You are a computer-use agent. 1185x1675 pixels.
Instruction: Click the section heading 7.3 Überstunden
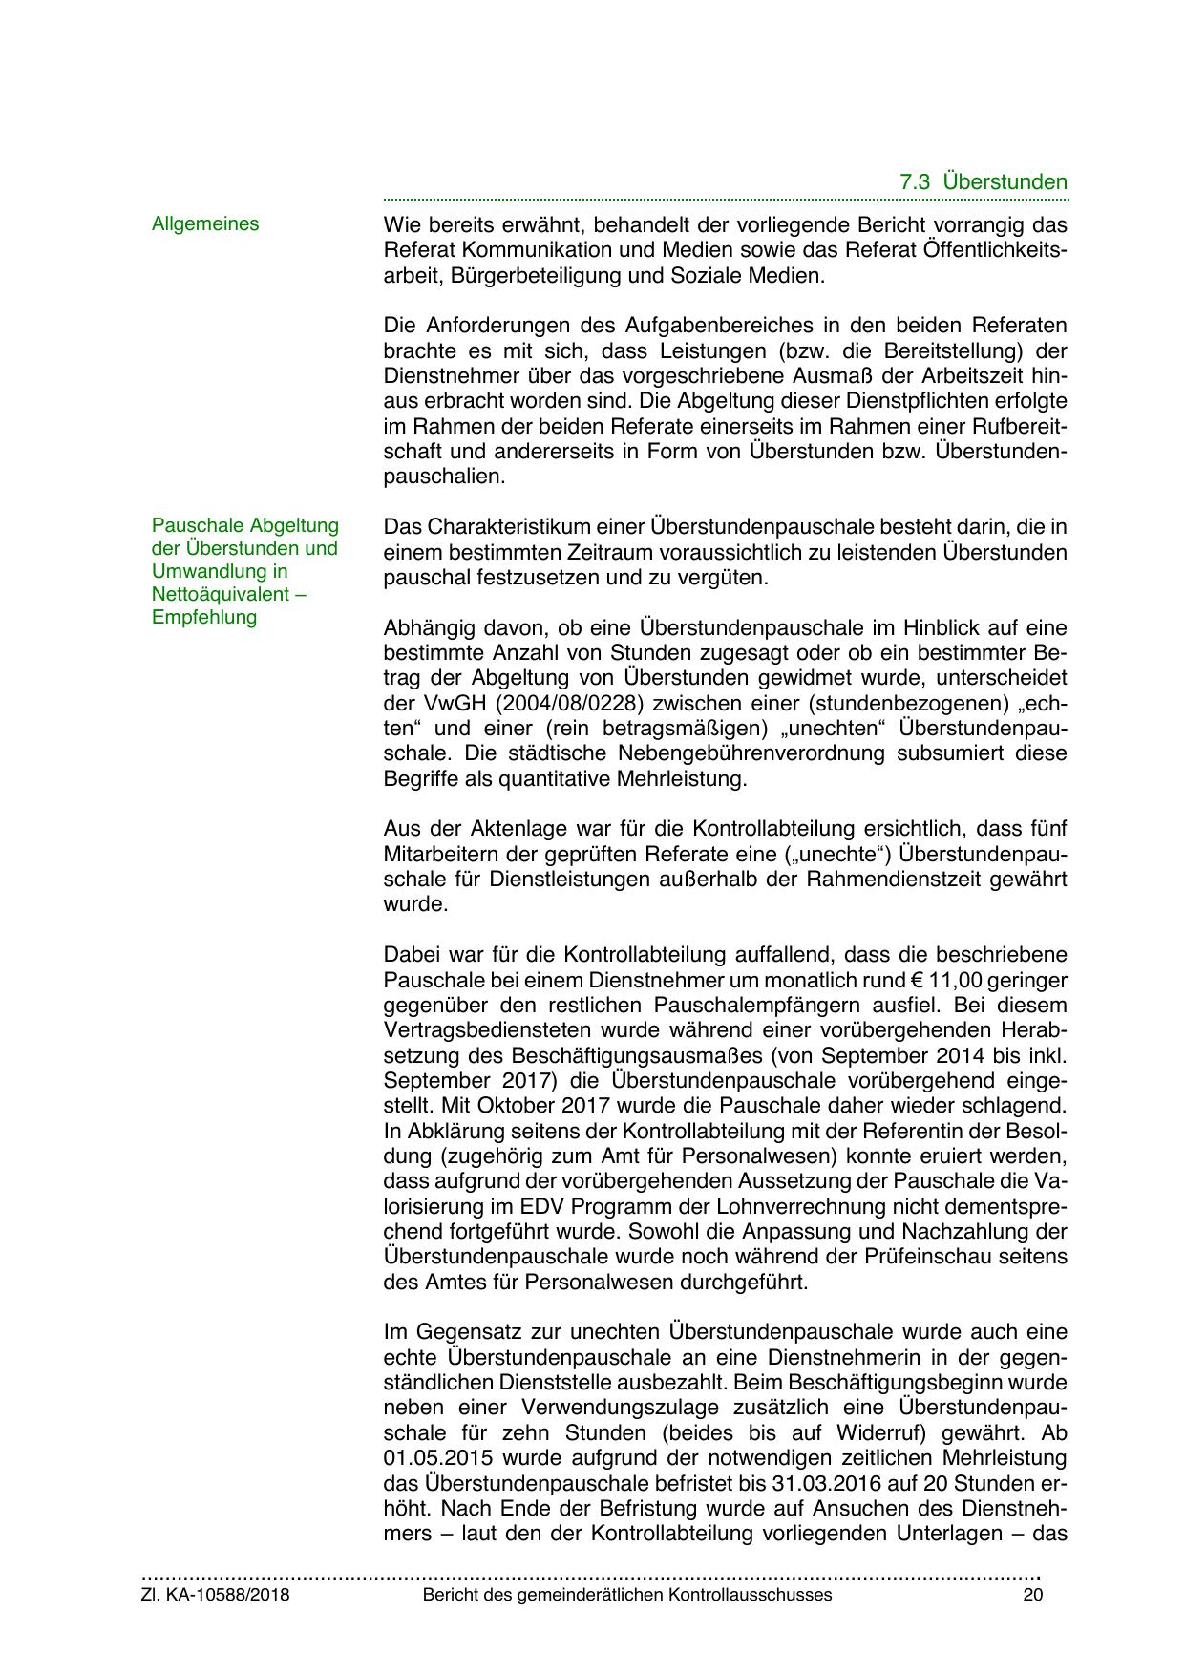coord(984,181)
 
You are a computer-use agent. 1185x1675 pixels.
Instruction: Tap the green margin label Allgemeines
coord(205,223)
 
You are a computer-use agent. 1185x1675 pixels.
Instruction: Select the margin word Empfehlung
coord(204,617)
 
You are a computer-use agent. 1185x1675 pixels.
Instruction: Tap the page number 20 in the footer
coord(1032,1595)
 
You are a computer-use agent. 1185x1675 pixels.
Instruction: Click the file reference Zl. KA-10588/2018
coord(215,1595)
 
